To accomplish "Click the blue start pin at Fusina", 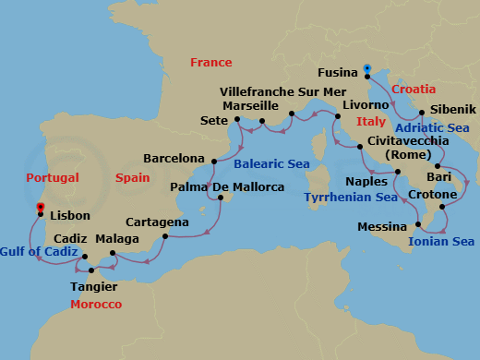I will click(x=367, y=68).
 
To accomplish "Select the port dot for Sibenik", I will click(x=422, y=115).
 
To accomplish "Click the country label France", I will click(x=210, y=62).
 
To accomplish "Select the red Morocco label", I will click(x=96, y=303).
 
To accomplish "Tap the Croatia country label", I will click(x=414, y=90).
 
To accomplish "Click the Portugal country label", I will click(x=53, y=177).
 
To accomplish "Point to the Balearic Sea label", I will click(x=271, y=163).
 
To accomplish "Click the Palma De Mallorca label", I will click(x=228, y=187).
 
